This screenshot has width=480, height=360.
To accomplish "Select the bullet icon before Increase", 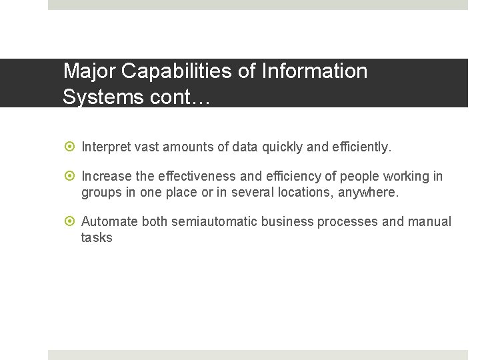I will click(71, 177).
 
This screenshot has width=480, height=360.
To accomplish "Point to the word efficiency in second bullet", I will click(294, 177).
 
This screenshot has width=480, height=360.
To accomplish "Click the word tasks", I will click(97, 238).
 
